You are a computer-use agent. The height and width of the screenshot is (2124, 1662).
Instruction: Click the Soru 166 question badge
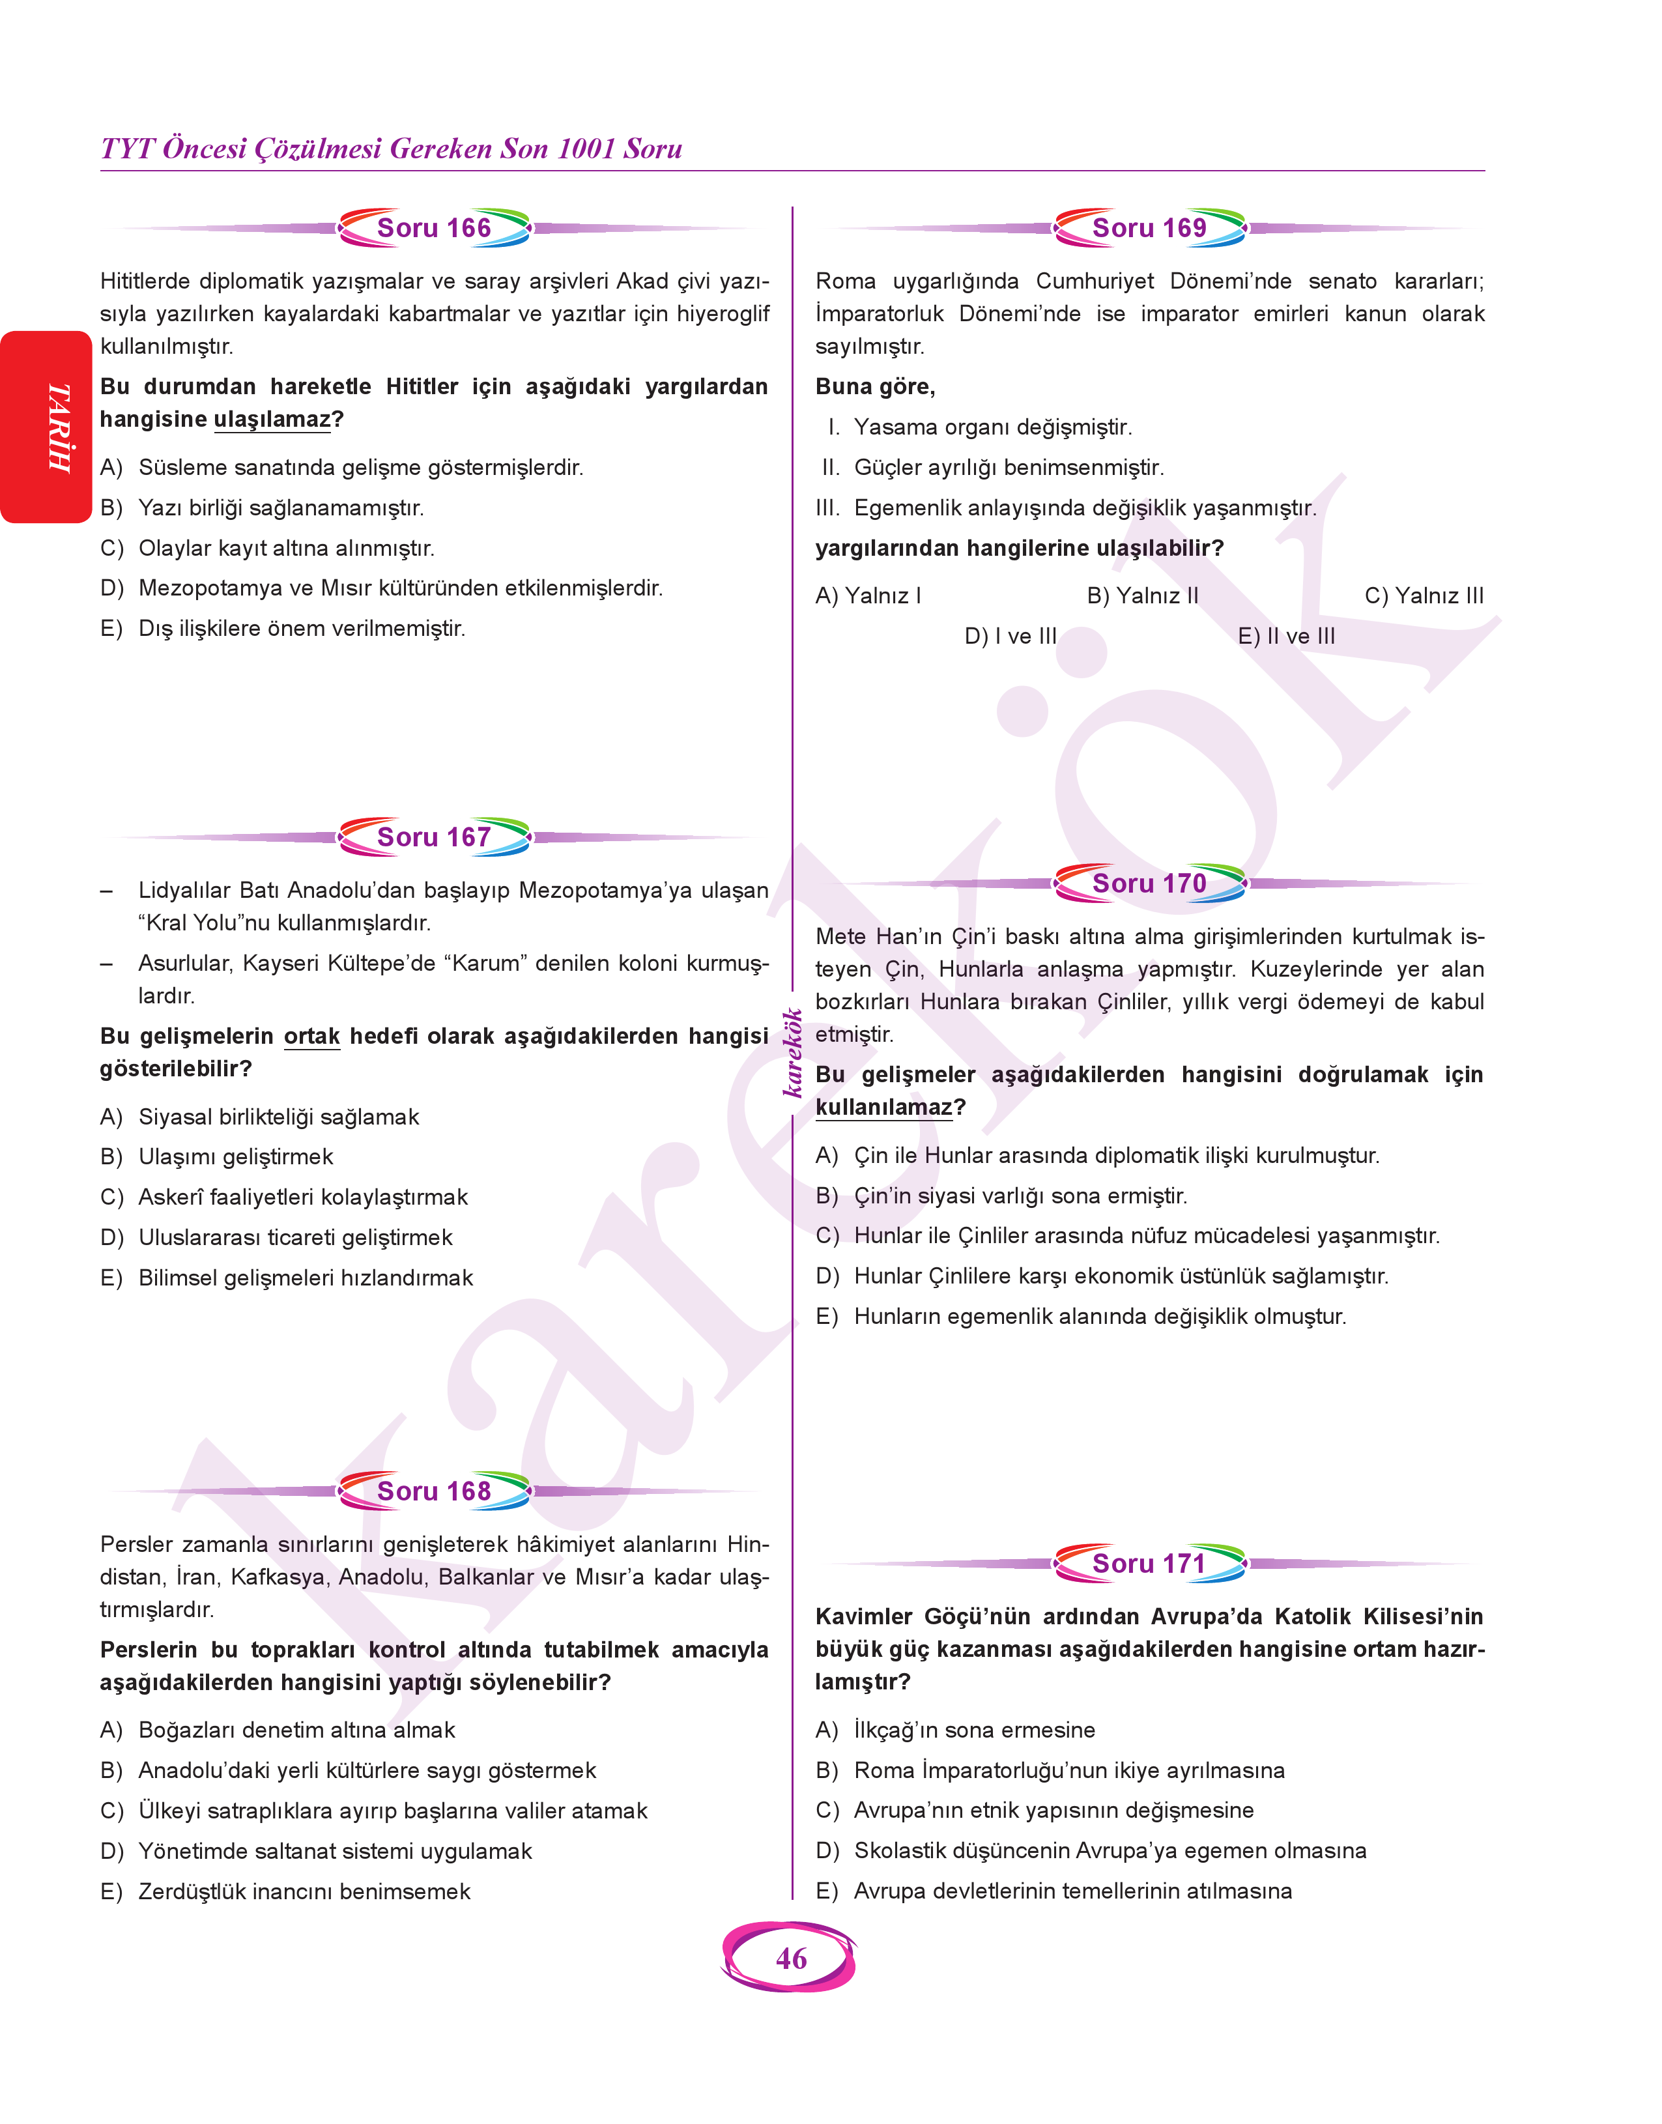[434, 227]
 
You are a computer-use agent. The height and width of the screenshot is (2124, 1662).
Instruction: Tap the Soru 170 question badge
[1149, 883]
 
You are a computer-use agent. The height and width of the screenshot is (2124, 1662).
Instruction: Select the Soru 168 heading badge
[434, 1491]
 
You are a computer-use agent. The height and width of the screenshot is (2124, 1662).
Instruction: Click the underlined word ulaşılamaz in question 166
[272, 420]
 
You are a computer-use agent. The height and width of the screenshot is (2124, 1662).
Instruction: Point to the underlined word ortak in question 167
[311, 1036]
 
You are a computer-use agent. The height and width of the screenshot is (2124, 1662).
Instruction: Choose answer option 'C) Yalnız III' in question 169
[1424, 596]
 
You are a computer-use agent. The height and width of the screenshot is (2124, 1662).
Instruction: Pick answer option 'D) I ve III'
[1010, 637]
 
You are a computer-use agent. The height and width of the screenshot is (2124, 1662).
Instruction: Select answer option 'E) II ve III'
[1286, 637]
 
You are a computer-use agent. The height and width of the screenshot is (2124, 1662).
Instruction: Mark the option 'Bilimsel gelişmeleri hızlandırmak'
[306, 1278]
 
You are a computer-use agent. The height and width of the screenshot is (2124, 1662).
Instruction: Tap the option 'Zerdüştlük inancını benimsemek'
[304, 1891]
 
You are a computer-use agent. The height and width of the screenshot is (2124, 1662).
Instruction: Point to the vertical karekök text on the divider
[793, 1053]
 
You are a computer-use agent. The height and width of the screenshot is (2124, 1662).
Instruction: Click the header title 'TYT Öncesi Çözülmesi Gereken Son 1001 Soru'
[391, 149]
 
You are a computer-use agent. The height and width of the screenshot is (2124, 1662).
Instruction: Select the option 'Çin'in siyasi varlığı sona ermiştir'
[1020, 1196]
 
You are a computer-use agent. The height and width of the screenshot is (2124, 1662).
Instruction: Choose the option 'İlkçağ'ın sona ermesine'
[974, 1730]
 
